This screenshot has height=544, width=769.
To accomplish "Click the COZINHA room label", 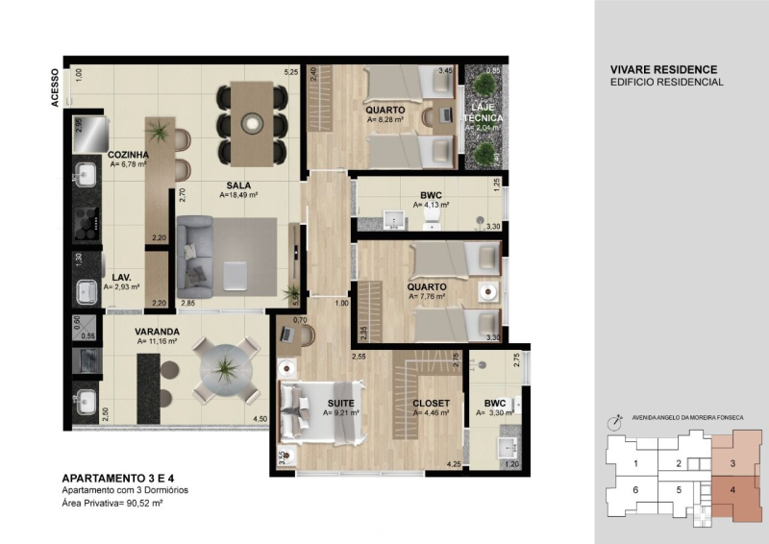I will [127, 154].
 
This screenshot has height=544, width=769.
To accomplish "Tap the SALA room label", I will [239, 185].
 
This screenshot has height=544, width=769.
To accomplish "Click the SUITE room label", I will [340, 403].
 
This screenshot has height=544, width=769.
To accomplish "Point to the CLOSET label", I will [430, 403].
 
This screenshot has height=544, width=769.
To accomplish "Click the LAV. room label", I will [121, 276].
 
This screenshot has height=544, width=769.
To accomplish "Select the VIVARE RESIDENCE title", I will [664, 70].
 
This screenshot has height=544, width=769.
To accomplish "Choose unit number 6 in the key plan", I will [635, 490].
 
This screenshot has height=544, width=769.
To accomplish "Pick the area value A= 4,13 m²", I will [432, 205].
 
